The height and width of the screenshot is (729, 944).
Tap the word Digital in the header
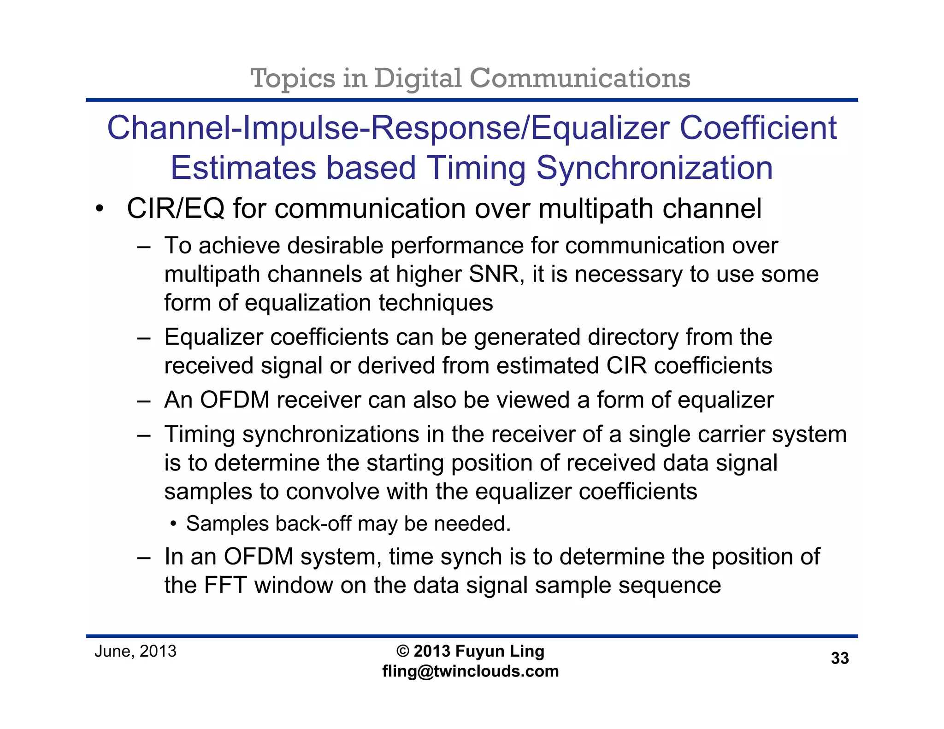pyautogui.click(x=418, y=78)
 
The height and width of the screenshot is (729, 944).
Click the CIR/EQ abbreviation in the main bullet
pyautogui.click(x=176, y=209)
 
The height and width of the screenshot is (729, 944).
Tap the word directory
pyautogui.click(x=633, y=337)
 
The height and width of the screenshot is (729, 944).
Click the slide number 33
pyautogui.click(x=840, y=658)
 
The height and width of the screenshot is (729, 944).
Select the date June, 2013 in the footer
pyautogui.click(x=136, y=652)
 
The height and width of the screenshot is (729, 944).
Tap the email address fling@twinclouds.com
pyautogui.click(x=471, y=671)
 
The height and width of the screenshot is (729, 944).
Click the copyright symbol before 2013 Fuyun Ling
pyautogui.click(x=402, y=651)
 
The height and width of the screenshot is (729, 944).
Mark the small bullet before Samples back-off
pyautogui.click(x=173, y=524)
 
